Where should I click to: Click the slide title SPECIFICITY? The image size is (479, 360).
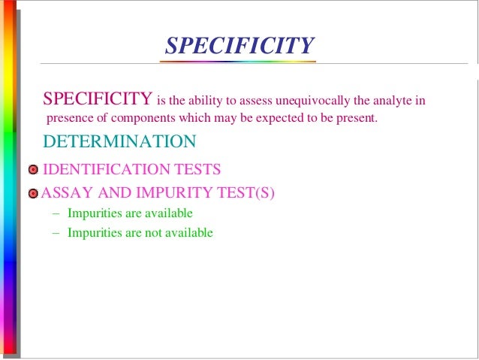pyautogui.click(x=239, y=45)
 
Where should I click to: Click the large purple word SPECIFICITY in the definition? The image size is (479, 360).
pyautogui.click(x=98, y=99)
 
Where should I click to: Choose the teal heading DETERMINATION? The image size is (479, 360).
pyautogui.click(x=119, y=141)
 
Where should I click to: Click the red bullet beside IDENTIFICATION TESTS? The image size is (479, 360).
pyautogui.click(x=33, y=170)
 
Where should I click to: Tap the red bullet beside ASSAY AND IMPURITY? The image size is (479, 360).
pyautogui.click(x=32, y=194)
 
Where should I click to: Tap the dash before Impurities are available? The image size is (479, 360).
pyautogui.click(x=56, y=213)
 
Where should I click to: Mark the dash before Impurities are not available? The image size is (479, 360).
pyautogui.click(x=56, y=233)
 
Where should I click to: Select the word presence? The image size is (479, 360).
pyautogui.click(x=68, y=119)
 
